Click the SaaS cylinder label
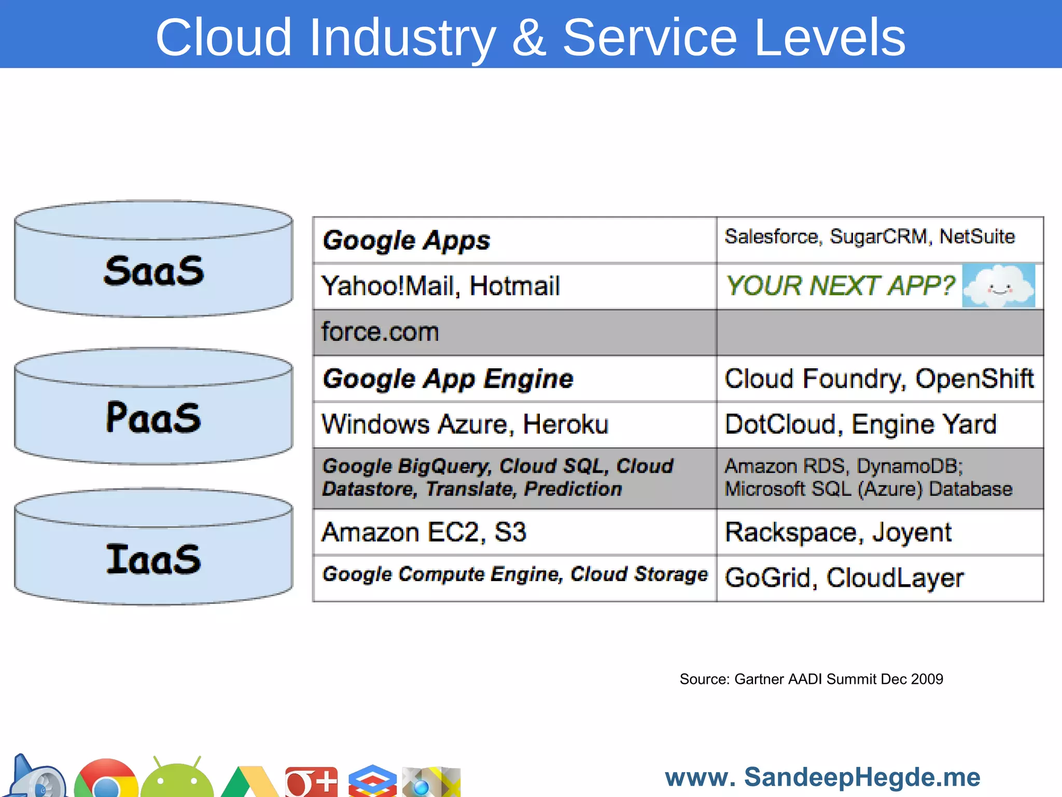(153, 271)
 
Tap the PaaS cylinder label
(153, 418)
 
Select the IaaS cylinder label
(153, 559)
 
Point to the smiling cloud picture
(998, 286)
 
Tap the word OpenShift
(974, 378)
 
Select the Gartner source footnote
(811, 679)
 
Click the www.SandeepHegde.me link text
(822, 777)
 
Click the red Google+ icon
(311, 781)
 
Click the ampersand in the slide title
(529, 37)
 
